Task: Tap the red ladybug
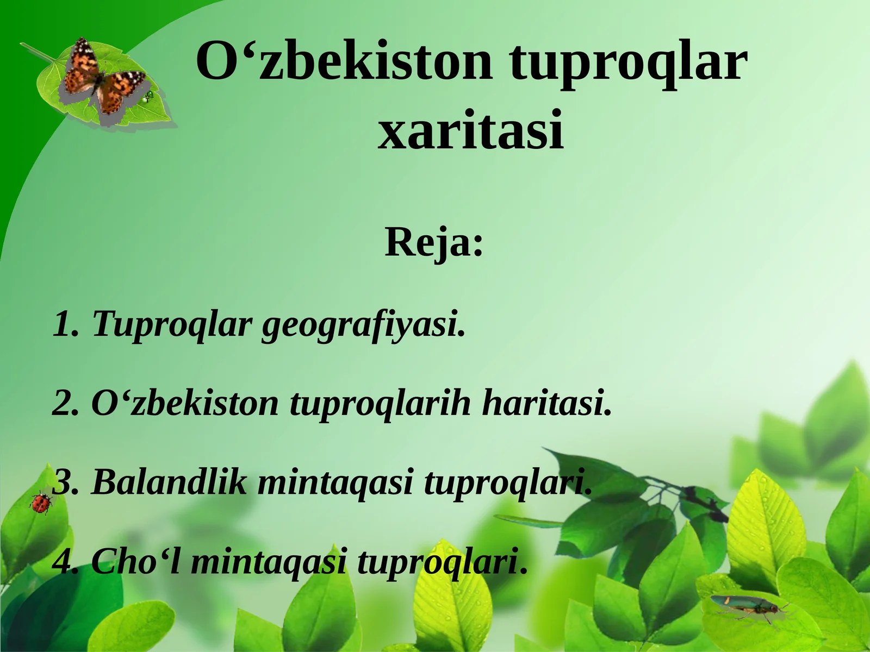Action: [41, 502]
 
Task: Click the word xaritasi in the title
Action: [471, 131]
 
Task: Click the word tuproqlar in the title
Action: [629, 61]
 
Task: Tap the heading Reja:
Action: [434, 242]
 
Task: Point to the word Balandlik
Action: [169, 482]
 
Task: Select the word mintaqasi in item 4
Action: [269, 561]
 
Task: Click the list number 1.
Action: [64, 325]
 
